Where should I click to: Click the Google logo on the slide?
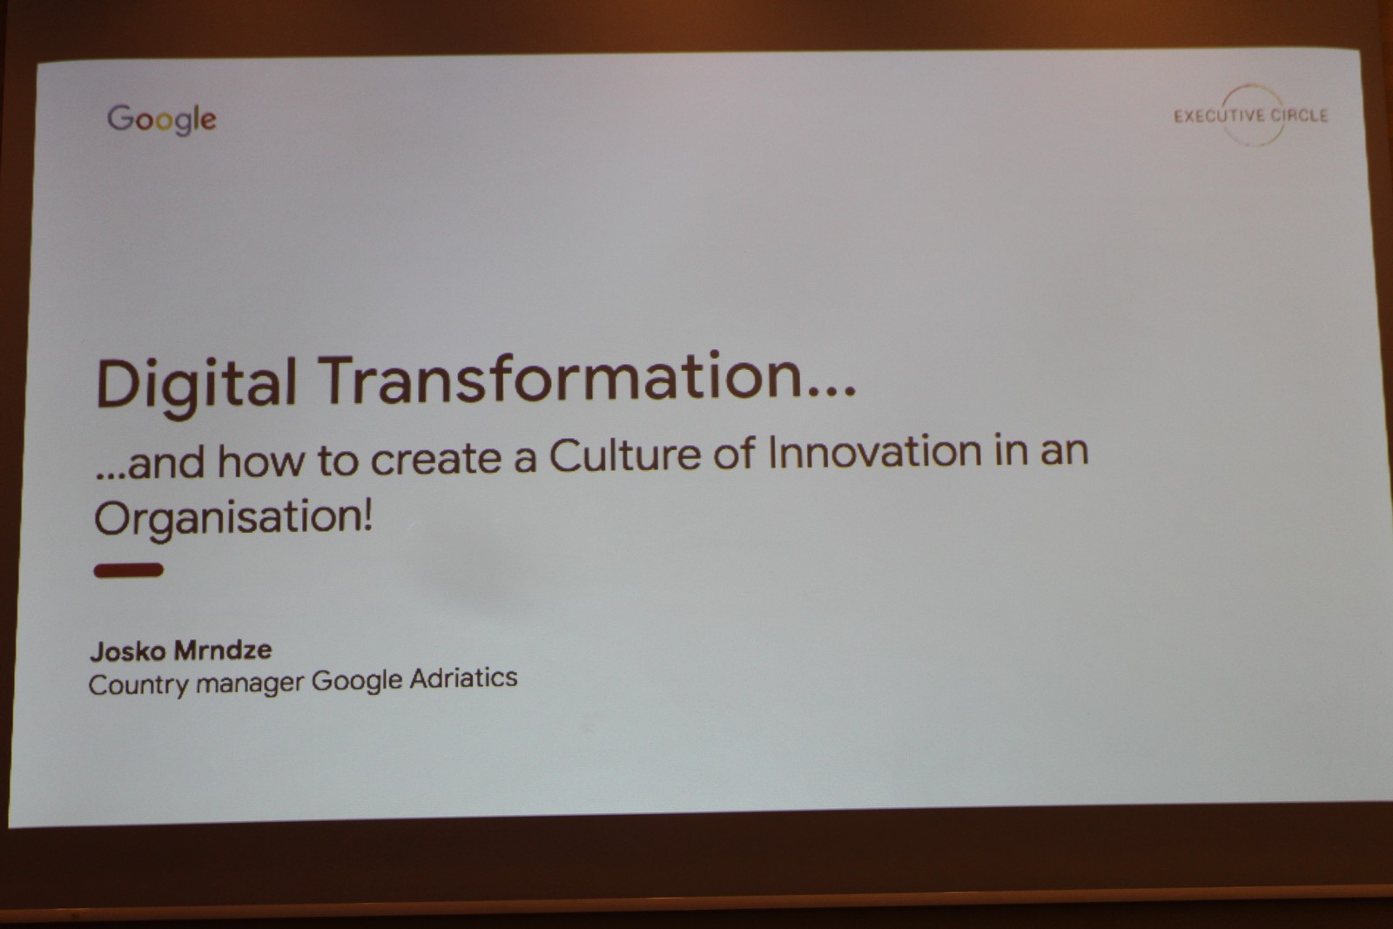click(x=162, y=119)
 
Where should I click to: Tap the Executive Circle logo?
click(x=1250, y=116)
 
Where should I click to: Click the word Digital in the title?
click(x=196, y=383)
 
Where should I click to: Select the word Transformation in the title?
click(x=561, y=378)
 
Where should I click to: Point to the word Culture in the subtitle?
click(x=624, y=455)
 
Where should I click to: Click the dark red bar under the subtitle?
click(x=129, y=570)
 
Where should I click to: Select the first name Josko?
click(x=128, y=651)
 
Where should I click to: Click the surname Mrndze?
click(x=223, y=650)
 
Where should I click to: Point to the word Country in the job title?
click(x=138, y=685)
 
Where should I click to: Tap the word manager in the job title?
click(x=250, y=683)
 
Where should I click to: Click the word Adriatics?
click(x=463, y=677)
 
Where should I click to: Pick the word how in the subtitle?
click(x=262, y=461)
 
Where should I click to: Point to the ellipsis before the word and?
click(x=110, y=475)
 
